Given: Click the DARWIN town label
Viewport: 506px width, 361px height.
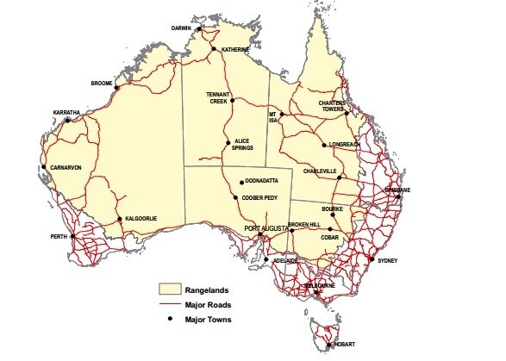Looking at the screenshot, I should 180,28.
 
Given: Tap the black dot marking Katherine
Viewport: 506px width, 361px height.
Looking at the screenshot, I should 216,50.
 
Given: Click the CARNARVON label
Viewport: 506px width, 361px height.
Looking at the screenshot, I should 66,167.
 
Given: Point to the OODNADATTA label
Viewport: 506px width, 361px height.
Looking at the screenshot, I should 265,182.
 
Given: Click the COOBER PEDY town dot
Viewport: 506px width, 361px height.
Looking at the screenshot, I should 236,199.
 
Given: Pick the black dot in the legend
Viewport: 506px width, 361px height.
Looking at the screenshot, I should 170,320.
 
